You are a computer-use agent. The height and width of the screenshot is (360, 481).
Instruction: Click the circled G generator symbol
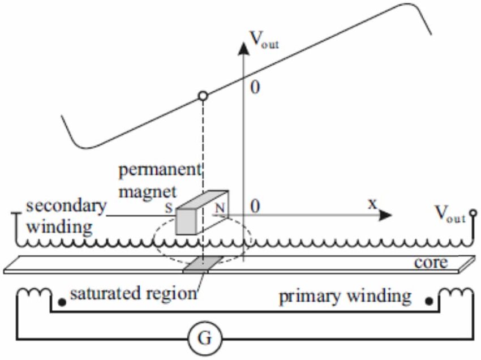point(205,338)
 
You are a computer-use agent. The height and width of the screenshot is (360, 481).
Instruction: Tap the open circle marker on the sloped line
point(203,96)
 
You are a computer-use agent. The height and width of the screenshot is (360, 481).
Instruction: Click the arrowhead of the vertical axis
point(243,46)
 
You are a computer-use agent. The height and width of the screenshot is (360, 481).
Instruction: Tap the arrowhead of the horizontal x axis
point(386,215)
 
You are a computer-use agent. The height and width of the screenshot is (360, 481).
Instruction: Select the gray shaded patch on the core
point(202,264)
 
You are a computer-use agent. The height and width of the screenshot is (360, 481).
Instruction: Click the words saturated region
point(132,293)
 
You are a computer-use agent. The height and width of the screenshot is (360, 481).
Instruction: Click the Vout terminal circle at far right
point(473,214)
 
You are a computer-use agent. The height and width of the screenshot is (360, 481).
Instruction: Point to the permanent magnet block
point(198,214)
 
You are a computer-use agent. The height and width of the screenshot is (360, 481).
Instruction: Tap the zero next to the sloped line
point(255,88)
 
